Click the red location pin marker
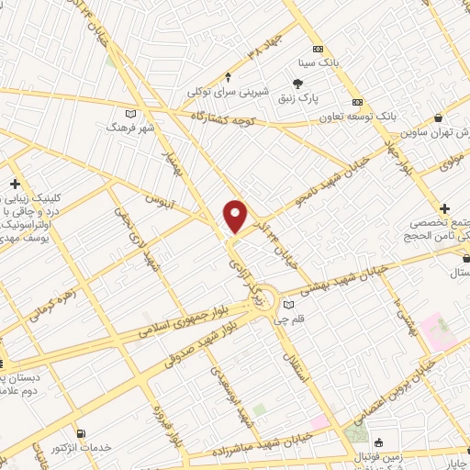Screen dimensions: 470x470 coord(237,215)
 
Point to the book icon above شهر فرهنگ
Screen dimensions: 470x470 coord(131,112)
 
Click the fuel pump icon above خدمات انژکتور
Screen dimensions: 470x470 coord(83,432)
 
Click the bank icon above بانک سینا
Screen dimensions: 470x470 coord(318,50)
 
